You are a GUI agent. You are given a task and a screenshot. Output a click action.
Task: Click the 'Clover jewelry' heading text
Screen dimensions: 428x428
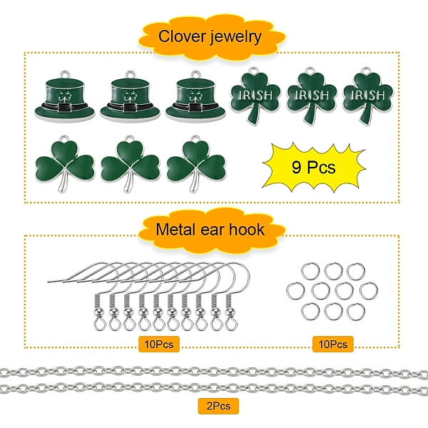point(210,36)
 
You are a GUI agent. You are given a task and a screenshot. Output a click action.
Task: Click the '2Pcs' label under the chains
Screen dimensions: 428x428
point(218,406)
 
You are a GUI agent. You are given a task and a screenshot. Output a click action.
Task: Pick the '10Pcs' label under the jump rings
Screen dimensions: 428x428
point(332,344)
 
